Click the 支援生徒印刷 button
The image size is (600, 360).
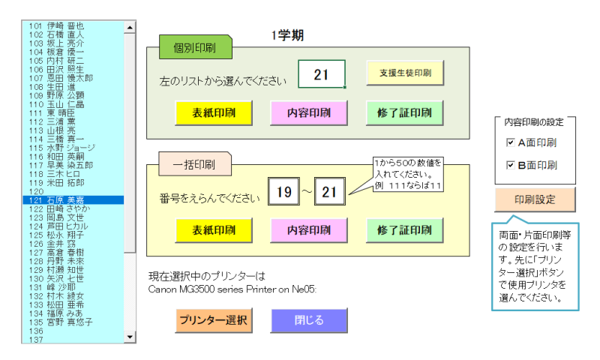[x=405, y=73]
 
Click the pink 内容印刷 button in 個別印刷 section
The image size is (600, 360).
[x=310, y=112]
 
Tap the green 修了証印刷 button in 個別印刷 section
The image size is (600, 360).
[x=405, y=112]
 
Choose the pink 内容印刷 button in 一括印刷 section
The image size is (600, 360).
[x=310, y=230]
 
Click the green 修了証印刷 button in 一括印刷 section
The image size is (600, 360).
[x=405, y=230]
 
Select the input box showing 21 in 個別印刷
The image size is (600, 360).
[x=321, y=74]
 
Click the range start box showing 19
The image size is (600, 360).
[x=283, y=192]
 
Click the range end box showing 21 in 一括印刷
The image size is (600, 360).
[x=329, y=192]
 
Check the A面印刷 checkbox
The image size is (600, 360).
[x=511, y=142]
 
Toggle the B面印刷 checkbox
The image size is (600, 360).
[x=511, y=165]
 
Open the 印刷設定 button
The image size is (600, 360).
[x=535, y=200]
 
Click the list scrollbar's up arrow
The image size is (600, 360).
[x=130, y=27]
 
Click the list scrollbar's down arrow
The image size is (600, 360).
[x=130, y=337]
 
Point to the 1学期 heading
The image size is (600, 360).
[x=287, y=35]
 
